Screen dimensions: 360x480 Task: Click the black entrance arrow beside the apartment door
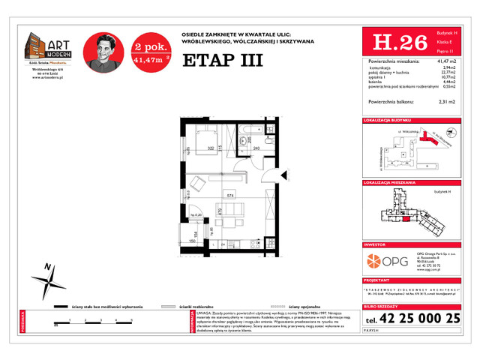click(x=283, y=174)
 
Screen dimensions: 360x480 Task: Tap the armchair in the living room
click(x=193, y=184)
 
